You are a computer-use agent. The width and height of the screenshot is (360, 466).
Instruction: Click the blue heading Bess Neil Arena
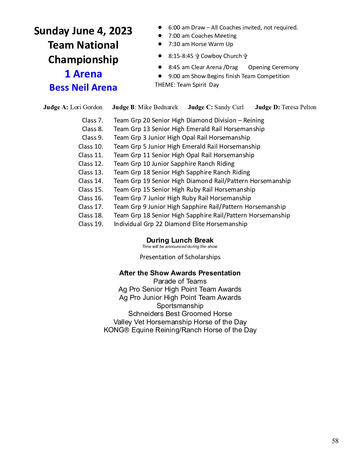click(83, 88)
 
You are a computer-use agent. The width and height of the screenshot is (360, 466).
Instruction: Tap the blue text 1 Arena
click(83, 74)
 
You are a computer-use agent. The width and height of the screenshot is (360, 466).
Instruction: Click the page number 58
click(335, 441)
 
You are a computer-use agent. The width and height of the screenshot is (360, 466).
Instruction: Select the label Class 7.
click(93, 120)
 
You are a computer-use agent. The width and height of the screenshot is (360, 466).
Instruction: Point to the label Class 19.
click(91, 224)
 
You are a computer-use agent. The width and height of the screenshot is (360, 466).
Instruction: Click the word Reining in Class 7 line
click(254, 120)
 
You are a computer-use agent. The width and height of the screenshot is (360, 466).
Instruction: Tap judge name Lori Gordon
click(86, 107)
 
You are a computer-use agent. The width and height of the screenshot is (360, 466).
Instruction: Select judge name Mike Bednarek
click(158, 107)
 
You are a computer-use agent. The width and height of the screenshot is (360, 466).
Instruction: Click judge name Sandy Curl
click(229, 107)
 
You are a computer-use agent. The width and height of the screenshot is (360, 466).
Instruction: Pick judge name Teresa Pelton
click(299, 107)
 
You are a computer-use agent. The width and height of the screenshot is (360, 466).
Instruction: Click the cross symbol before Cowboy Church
click(197, 56)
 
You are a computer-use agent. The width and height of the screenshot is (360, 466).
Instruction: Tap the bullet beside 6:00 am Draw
click(160, 27)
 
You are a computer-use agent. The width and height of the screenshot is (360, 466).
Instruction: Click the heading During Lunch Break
click(180, 240)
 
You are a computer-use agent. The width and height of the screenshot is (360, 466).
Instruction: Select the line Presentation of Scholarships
click(180, 257)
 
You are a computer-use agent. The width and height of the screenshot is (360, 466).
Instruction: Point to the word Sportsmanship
click(180, 306)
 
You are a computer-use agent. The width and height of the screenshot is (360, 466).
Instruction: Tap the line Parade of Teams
click(180, 281)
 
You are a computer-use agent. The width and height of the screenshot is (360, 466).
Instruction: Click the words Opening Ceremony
click(273, 68)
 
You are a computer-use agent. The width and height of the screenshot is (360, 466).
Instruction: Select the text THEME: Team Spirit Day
click(187, 85)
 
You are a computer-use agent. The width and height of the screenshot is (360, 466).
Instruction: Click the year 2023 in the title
click(120, 31)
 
